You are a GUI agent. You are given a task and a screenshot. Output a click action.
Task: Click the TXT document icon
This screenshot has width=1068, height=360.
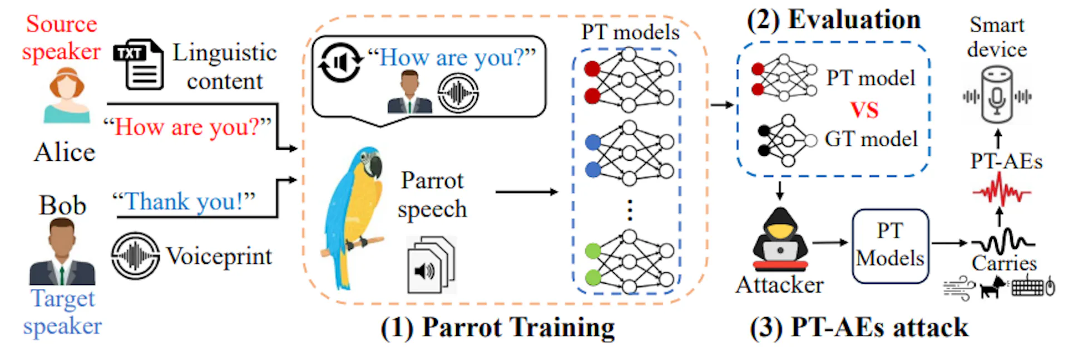click(139, 65)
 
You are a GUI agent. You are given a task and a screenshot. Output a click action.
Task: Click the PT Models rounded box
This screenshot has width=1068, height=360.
click(890, 245)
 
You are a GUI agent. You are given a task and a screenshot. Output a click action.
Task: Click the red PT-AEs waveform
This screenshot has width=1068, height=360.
click(1001, 191)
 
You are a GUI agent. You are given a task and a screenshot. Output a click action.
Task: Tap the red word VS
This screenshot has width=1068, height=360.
click(864, 110)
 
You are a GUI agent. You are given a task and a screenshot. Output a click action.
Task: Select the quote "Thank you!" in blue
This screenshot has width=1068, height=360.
click(184, 201)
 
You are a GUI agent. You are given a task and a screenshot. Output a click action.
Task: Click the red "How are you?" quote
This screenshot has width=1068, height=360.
click(187, 127)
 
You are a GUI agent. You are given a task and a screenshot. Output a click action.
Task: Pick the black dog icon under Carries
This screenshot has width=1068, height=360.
click(992, 287)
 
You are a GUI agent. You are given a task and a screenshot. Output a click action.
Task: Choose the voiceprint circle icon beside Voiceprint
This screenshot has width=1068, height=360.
click(135, 256)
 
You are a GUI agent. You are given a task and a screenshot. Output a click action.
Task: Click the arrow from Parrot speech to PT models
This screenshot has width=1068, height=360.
click(526, 192)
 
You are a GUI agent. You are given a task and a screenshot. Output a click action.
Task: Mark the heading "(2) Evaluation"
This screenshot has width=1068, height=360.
click(833, 20)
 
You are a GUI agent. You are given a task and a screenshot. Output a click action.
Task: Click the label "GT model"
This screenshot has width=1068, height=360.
click(871, 139)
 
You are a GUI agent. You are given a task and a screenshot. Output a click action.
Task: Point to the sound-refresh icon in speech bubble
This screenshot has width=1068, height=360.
click(339, 62)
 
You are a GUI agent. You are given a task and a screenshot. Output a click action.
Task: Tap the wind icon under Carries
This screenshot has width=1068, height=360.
click(958, 289)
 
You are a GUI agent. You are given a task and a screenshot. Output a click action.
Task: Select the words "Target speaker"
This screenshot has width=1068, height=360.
click(62, 312)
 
